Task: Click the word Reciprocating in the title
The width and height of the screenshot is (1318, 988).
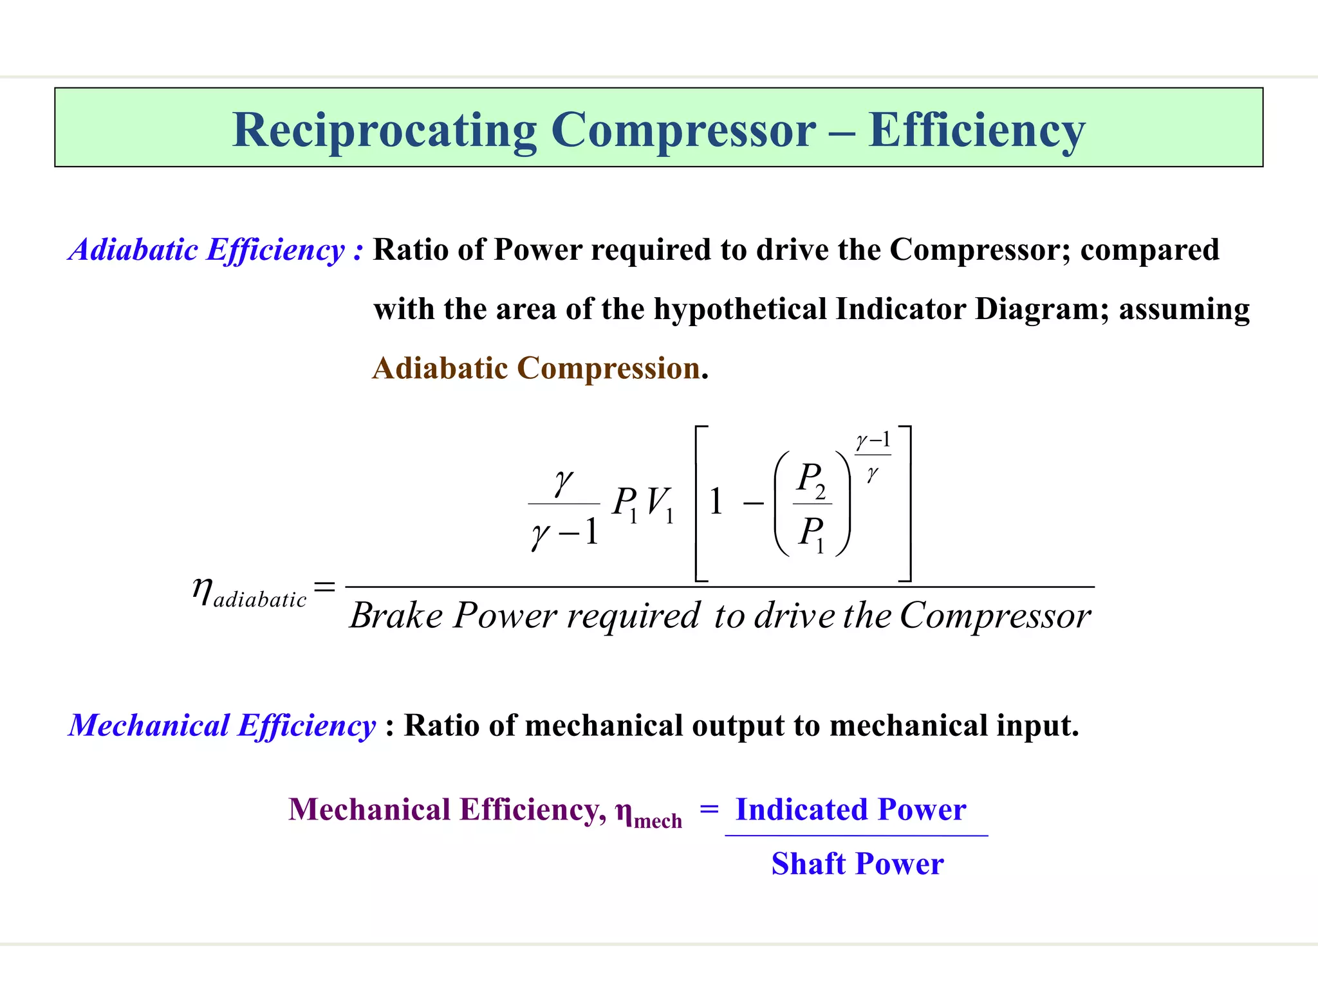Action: coord(384,131)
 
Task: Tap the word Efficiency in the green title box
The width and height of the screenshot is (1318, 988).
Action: coord(976,131)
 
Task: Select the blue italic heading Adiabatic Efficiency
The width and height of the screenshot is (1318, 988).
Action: coord(207,250)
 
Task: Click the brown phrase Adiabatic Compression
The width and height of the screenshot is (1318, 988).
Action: coord(536,369)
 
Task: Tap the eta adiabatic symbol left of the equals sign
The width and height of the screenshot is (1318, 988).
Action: coord(248,592)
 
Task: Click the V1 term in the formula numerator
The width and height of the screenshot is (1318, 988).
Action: coord(660,504)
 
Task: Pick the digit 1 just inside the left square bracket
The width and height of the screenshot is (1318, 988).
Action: coord(716,502)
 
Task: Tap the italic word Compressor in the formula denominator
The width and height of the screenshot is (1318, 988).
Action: coord(995,616)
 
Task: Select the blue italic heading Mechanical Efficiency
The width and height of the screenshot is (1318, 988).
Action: coord(222,726)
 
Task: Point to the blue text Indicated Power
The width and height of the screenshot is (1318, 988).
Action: coord(850,809)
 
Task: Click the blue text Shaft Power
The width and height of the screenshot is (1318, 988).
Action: coord(857,864)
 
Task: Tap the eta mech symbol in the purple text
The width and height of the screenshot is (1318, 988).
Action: coord(647,813)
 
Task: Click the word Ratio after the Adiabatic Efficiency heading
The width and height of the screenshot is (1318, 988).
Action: coord(410,250)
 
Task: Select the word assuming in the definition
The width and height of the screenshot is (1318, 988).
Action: coord(1184,309)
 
